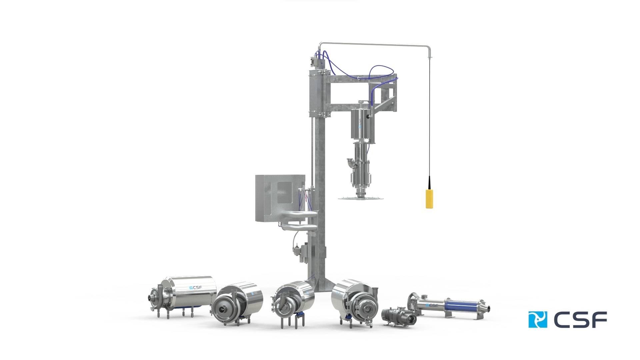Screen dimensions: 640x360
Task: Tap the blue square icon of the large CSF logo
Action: [538, 319]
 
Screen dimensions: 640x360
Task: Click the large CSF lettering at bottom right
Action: [580, 319]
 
